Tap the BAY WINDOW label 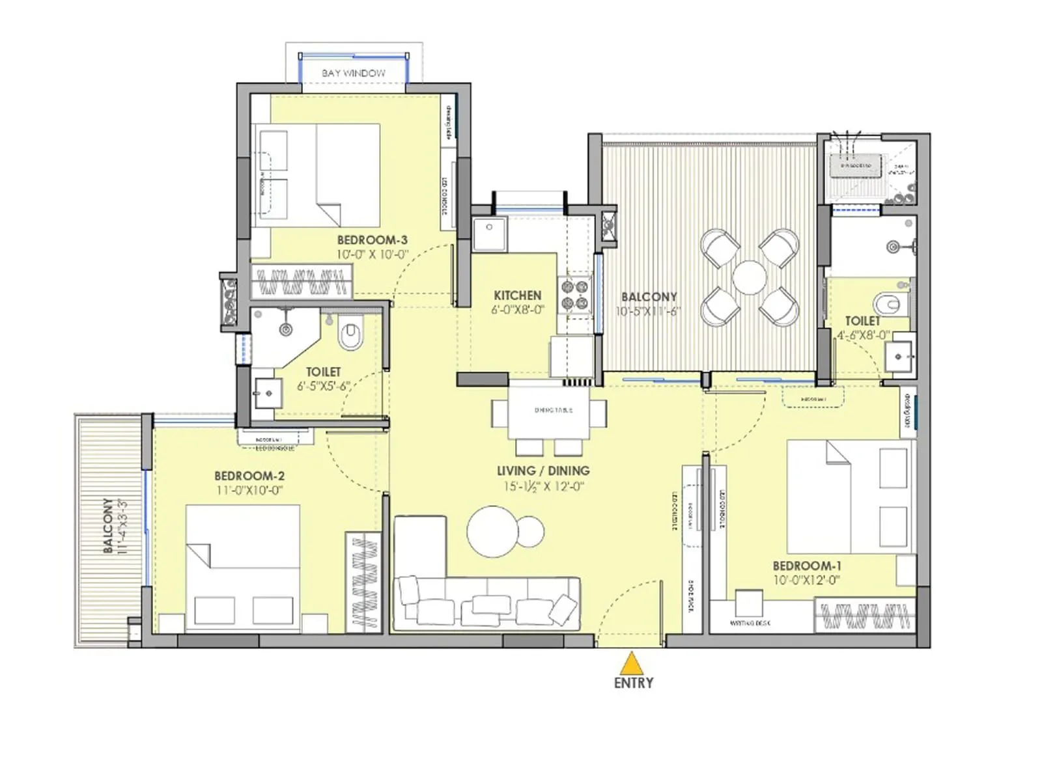click(x=354, y=73)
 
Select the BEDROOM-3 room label click(x=372, y=240)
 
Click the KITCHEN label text click(x=517, y=295)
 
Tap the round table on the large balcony click(x=750, y=277)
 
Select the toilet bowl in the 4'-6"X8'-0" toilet click(x=888, y=303)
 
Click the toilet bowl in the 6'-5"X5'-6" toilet click(x=350, y=336)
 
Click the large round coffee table click(x=493, y=531)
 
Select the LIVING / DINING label click(x=543, y=470)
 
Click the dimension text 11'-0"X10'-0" click(x=249, y=490)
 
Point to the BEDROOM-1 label click(x=806, y=566)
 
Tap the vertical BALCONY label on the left click(x=108, y=525)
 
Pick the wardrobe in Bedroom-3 click(x=301, y=282)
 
